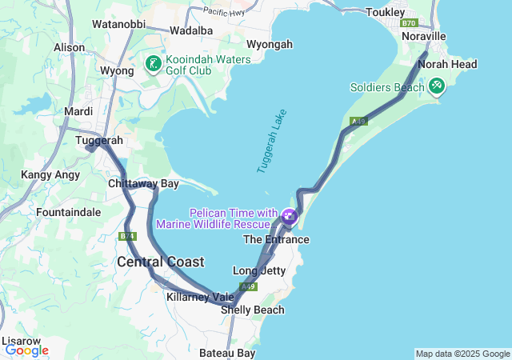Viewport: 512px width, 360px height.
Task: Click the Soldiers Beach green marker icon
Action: (436, 86)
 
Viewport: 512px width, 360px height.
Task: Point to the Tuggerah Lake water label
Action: (272, 142)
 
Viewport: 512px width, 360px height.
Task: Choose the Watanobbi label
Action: (118, 24)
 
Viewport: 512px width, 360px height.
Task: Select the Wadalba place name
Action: (191, 30)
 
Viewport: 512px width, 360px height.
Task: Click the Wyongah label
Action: (270, 44)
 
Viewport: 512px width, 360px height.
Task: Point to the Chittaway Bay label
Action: (143, 184)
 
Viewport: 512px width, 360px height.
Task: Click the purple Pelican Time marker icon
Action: (289, 216)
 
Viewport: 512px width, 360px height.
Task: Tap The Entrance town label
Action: (276, 239)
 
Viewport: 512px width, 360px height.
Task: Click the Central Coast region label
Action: (160, 262)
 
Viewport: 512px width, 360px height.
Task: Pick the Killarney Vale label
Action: (200, 297)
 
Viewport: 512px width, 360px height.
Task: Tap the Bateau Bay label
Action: (227, 353)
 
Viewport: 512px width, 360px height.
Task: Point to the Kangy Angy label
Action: (47, 174)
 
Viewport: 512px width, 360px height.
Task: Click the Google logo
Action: (26, 350)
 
